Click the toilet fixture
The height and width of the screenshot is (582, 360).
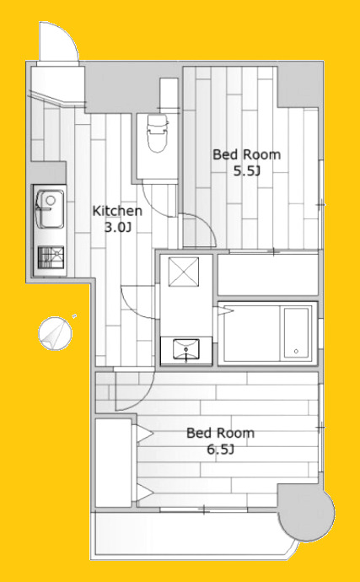point(158,133)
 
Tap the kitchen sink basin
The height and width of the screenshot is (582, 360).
point(50,209)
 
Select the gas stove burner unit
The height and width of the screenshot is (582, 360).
point(51,257)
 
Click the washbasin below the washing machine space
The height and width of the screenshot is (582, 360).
point(186,350)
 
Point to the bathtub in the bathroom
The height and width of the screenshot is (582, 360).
point(267,333)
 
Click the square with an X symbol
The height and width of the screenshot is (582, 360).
point(183,272)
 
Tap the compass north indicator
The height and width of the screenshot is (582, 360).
point(55,333)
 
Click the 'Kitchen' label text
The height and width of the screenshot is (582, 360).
point(117,211)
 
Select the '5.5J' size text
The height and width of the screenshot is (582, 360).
point(246,170)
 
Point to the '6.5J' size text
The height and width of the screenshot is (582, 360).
point(220,450)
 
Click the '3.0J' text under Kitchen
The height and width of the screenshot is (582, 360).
point(118,227)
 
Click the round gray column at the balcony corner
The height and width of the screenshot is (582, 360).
point(306,512)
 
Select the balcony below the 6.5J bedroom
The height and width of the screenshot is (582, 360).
point(193,536)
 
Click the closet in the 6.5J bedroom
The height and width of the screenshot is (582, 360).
point(113,463)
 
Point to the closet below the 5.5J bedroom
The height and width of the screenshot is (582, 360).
point(267,275)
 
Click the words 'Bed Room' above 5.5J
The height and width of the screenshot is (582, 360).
point(246,154)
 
